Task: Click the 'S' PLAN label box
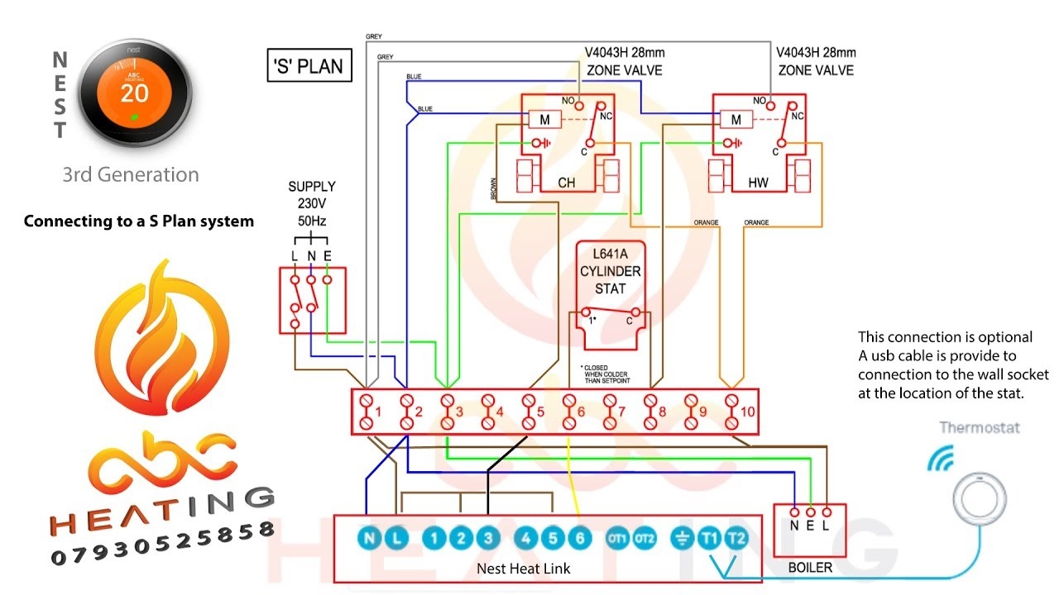pyautogui.click(x=309, y=66)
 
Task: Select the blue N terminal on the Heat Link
pyautogui.click(x=369, y=539)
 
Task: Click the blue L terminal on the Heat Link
pyautogui.click(x=397, y=539)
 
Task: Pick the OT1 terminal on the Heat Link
pyautogui.click(x=618, y=539)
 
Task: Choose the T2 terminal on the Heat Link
pyautogui.click(x=735, y=539)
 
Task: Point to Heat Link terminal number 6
pyautogui.click(x=579, y=539)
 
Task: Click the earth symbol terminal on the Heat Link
pyautogui.click(x=681, y=539)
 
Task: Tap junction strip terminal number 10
pyautogui.click(x=732, y=411)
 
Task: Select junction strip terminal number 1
pyautogui.click(x=366, y=411)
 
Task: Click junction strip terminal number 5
pyautogui.click(x=529, y=411)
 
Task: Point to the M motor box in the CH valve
pyautogui.click(x=544, y=120)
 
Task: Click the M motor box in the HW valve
pyautogui.click(x=736, y=120)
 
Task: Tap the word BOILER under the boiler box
pyautogui.click(x=810, y=568)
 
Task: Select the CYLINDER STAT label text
pyautogui.click(x=610, y=272)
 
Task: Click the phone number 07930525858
pyautogui.click(x=162, y=547)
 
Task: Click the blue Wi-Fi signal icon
pyautogui.click(x=940, y=459)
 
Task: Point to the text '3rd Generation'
pyautogui.click(x=131, y=175)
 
